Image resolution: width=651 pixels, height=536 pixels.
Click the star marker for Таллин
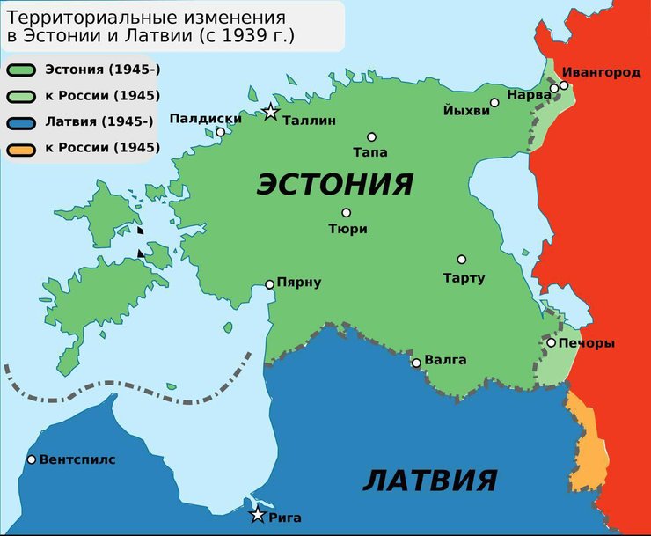(270, 112)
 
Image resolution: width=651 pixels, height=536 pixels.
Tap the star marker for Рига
(257, 515)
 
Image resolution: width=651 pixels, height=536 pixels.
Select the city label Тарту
(464, 279)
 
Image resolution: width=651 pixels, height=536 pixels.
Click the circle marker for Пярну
(270, 283)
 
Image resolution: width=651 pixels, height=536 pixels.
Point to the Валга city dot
(417, 363)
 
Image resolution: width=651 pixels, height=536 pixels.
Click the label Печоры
(587, 343)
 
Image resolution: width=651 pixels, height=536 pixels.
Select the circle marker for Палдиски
(220, 133)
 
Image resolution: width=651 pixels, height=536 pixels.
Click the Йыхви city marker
(494, 103)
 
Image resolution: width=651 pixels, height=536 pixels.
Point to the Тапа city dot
(371, 137)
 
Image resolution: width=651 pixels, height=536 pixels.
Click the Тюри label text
(347, 229)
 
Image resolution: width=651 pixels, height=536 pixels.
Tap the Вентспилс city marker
(32, 459)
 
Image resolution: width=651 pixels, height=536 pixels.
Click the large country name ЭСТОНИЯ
(334, 184)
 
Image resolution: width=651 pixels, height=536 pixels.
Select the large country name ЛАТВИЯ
(429, 481)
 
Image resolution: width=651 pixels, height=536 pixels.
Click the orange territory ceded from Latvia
(586, 444)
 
